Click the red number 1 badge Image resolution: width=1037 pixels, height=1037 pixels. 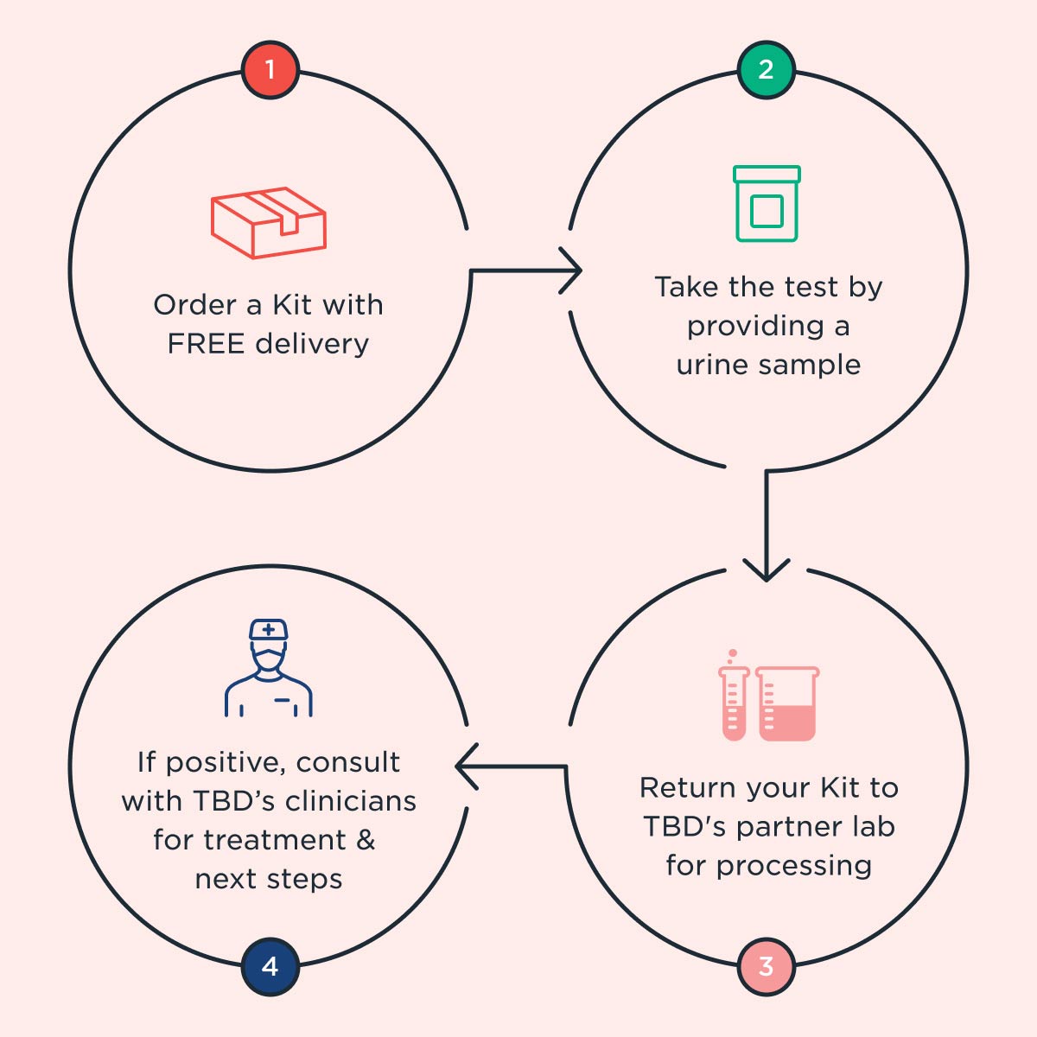coord(270,69)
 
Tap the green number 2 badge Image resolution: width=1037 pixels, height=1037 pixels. coord(766,69)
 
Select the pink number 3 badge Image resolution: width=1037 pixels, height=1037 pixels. coord(766,966)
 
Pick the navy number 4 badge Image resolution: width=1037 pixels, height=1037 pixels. coord(270,966)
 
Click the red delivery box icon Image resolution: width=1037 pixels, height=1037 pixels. coord(269,222)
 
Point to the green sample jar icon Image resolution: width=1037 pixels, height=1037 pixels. coord(767,204)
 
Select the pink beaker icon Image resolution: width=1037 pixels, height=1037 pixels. coord(787,703)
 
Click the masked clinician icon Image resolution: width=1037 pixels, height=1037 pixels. coord(269,668)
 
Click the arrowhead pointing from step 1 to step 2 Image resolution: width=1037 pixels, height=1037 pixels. coord(572,271)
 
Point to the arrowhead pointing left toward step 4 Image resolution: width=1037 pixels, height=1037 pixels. coord(465,767)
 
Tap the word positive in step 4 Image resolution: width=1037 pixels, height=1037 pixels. coord(213,763)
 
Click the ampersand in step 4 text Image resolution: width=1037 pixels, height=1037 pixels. coord(366,840)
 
